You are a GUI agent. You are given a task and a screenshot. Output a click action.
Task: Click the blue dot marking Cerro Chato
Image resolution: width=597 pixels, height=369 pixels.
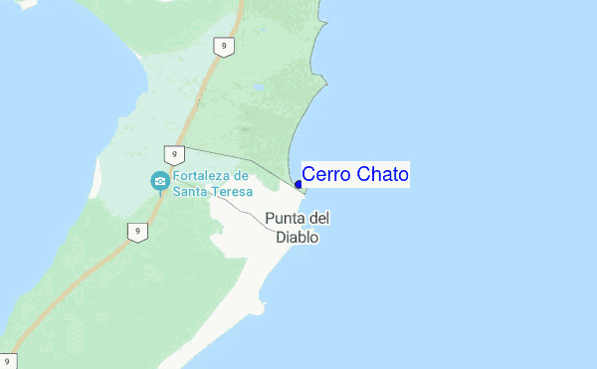click(x=298, y=184)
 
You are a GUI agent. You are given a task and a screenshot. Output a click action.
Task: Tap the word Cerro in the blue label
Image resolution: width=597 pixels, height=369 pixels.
click(x=323, y=175)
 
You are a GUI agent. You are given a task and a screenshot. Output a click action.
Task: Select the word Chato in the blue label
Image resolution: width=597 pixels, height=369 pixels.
click(x=378, y=175)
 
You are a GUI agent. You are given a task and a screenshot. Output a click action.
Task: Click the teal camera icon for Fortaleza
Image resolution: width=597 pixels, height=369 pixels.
click(x=159, y=181)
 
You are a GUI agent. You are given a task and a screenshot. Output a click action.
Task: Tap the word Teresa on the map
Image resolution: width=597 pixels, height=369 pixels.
click(x=231, y=191)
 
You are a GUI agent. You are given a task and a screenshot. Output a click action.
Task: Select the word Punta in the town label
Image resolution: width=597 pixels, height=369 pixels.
click(x=285, y=219)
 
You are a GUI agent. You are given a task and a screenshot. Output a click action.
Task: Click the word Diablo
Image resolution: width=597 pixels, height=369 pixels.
click(x=298, y=238)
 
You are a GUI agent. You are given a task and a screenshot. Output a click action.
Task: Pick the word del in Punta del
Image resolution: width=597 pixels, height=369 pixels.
click(x=319, y=219)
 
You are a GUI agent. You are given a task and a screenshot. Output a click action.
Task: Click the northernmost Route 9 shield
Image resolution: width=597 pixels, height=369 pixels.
click(x=225, y=47)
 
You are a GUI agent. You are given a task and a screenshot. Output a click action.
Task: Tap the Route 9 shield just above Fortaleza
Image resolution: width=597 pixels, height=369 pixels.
click(x=174, y=154)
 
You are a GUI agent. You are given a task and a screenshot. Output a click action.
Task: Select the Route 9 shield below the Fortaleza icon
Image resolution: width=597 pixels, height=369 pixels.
click(x=136, y=232)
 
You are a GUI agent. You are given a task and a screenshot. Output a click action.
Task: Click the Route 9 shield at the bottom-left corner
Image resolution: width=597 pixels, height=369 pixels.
click(x=8, y=361)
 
